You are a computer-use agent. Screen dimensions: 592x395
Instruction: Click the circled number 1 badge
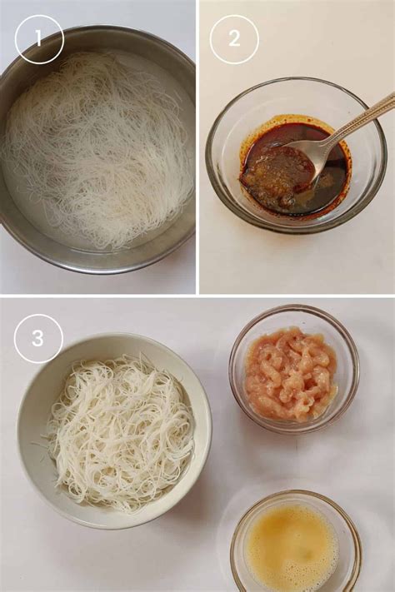[39, 39]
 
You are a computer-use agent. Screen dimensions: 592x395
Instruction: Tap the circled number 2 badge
[233, 39]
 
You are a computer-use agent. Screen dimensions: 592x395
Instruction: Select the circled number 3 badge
[38, 338]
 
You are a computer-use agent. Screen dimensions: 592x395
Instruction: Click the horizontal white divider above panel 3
[197, 296]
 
